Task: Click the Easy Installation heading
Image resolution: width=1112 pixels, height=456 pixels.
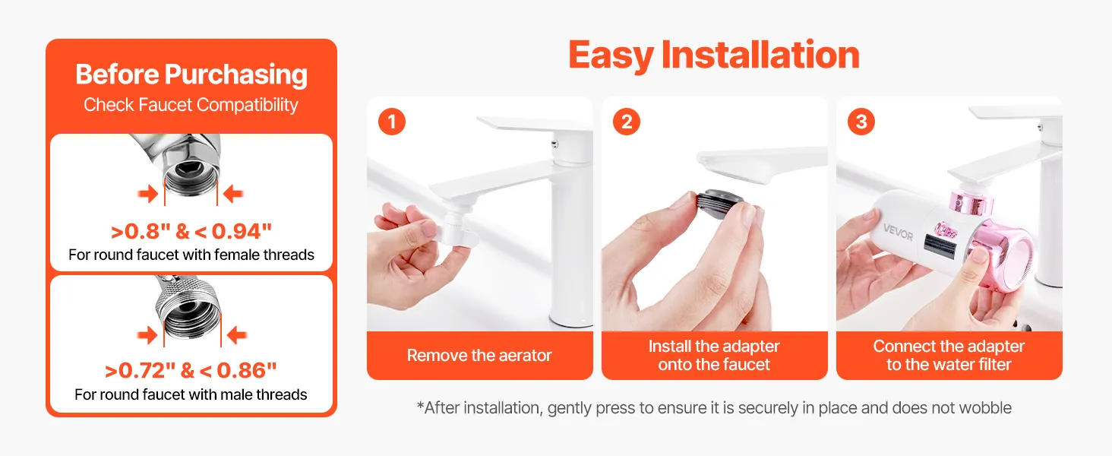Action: [x=714, y=55]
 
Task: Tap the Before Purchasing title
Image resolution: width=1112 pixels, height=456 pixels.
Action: [x=191, y=74]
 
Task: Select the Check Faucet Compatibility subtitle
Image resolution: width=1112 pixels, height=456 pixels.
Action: [x=191, y=105]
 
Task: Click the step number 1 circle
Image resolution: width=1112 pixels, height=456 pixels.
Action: [x=392, y=122]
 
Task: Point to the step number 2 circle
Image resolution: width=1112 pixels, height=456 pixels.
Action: [x=627, y=122]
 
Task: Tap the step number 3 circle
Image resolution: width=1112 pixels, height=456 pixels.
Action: [x=861, y=122]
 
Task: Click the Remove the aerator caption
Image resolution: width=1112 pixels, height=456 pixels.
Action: [x=479, y=355]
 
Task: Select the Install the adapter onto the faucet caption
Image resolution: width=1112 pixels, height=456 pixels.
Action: [x=714, y=355]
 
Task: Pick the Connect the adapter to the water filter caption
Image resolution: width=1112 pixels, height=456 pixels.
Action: [x=949, y=355]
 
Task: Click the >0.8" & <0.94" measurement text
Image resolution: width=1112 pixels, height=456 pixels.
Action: [x=191, y=232]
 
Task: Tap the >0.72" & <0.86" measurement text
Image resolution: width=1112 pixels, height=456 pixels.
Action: [x=191, y=371]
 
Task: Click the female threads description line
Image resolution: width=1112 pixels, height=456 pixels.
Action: [x=191, y=255]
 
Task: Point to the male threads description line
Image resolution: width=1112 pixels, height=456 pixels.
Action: [x=191, y=394]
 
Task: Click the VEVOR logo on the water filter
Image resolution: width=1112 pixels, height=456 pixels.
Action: [x=898, y=232]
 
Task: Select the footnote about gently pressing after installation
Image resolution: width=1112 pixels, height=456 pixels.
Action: [x=714, y=408]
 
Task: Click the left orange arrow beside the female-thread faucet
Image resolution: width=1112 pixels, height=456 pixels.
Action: [x=148, y=194]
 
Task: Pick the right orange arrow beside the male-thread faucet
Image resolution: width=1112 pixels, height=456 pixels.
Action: [x=237, y=335]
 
